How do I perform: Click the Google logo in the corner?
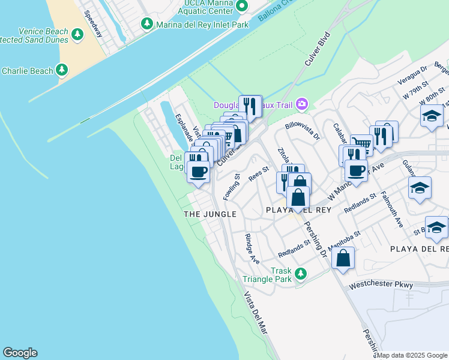[20, 353]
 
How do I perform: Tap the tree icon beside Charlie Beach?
[62, 71]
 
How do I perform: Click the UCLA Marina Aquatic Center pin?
[242, 6]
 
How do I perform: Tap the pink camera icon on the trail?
[301, 104]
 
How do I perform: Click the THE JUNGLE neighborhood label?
[209, 214]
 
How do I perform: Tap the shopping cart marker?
[361, 143]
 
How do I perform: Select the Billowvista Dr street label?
[303, 130]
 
